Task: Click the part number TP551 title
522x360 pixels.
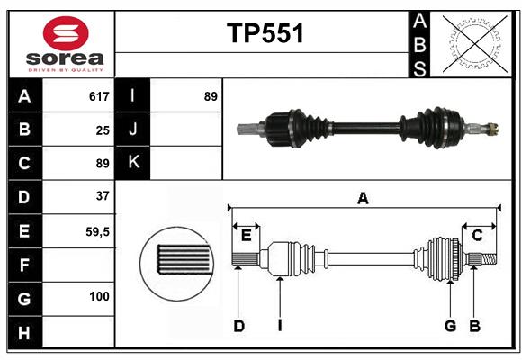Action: click(264, 33)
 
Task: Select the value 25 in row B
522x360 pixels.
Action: click(103, 130)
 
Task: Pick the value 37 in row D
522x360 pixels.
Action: click(103, 196)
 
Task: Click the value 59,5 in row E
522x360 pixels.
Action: click(97, 230)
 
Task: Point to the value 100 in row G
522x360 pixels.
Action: click(99, 296)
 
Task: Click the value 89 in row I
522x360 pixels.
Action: click(211, 96)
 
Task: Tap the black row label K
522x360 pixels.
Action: click(132, 163)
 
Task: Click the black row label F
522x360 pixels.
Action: click(24, 265)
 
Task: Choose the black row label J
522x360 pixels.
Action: click(132, 130)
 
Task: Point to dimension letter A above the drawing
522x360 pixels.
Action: click(363, 198)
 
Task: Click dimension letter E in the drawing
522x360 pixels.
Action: click(247, 235)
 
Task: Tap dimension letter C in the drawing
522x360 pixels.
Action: click(478, 235)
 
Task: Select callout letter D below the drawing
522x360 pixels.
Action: click(239, 326)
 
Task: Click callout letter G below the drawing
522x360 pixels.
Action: click(450, 326)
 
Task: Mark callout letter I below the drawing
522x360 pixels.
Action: click(280, 326)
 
